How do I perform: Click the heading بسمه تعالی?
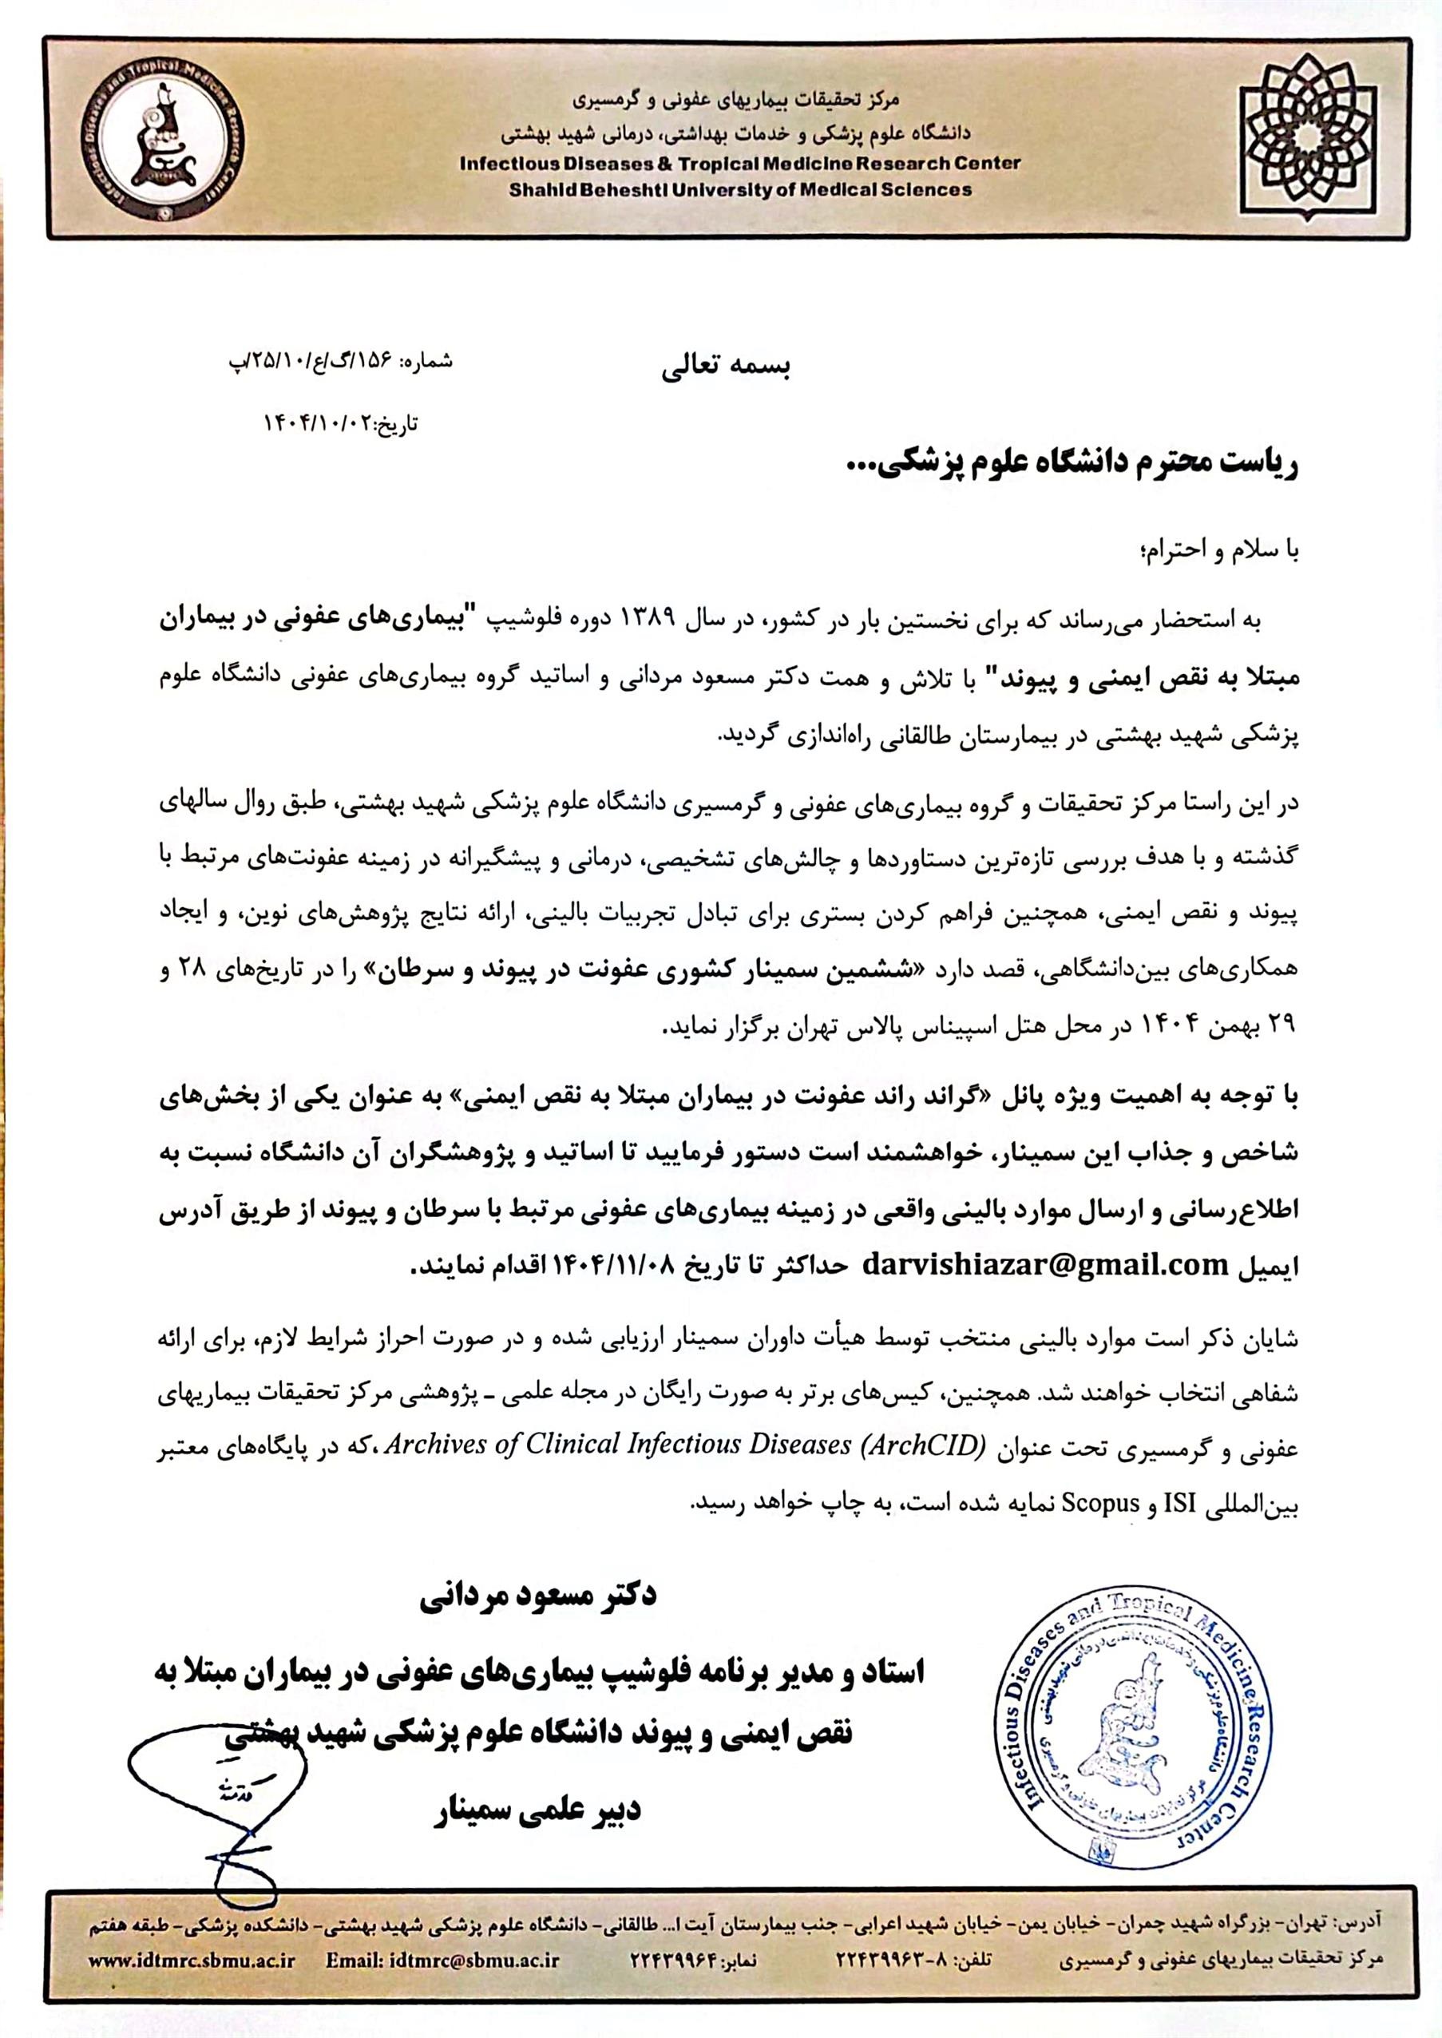(726, 368)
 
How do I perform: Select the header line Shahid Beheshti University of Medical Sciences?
(739, 189)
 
